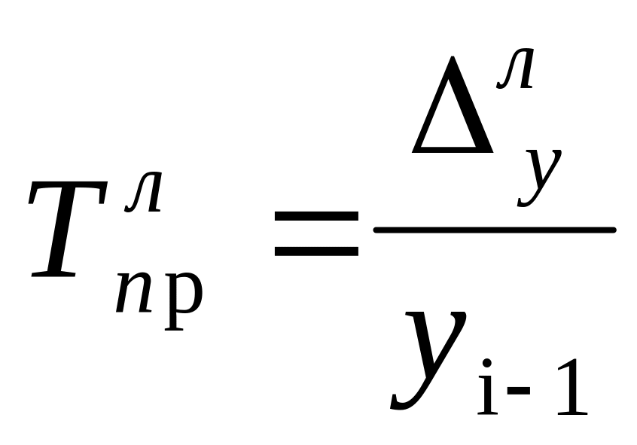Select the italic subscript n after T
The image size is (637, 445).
click(133, 294)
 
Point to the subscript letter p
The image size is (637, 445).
click(183, 297)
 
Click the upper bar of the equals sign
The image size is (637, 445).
click(316, 216)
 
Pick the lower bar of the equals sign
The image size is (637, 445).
click(316, 249)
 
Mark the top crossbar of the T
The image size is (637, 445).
click(72, 188)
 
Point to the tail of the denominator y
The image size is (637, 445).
click(403, 403)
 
